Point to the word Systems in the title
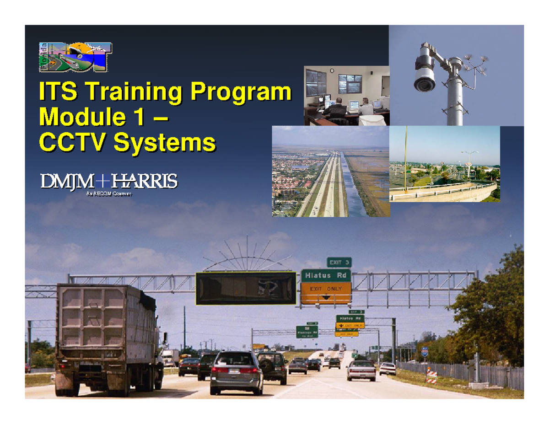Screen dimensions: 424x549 [x=164, y=142]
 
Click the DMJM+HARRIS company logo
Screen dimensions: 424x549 [x=108, y=182]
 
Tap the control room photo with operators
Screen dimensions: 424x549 [x=346, y=95]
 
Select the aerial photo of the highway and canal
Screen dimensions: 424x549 [x=331, y=171]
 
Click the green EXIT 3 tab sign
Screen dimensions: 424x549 [x=339, y=262]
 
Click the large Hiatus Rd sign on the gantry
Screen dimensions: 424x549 [x=326, y=275]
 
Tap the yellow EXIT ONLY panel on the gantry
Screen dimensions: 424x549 [x=326, y=293]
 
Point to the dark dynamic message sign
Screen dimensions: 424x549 [x=245, y=288]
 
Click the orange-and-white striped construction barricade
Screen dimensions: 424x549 [x=431, y=375]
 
